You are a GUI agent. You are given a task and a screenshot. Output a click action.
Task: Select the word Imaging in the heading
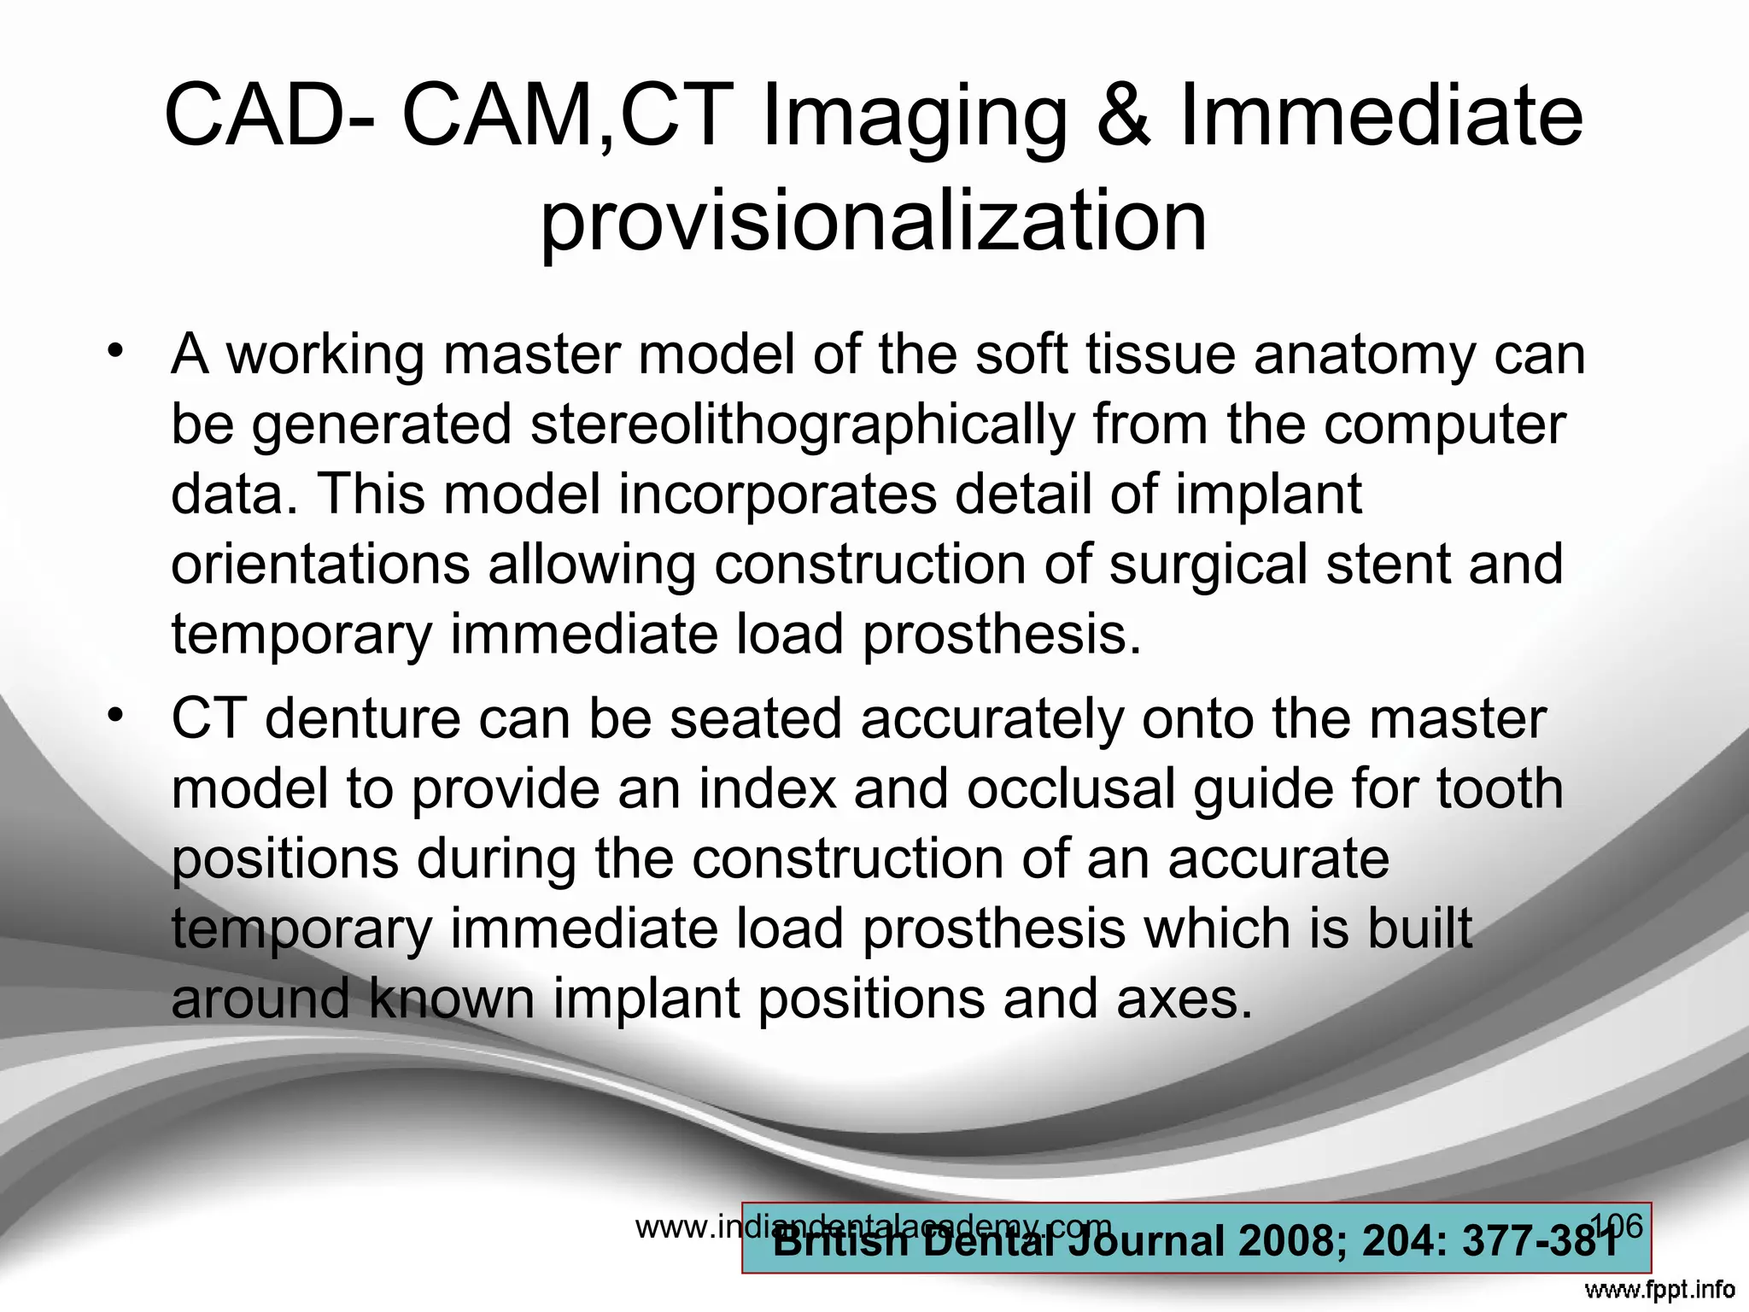pyautogui.click(x=914, y=118)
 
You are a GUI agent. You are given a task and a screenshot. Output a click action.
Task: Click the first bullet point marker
pyautogui.click(x=115, y=350)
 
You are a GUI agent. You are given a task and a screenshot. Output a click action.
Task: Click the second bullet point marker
pyautogui.click(x=115, y=714)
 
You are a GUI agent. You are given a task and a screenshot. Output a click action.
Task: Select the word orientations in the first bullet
pyautogui.click(x=320, y=565)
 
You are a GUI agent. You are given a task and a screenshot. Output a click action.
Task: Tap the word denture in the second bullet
pyautogui.click(x=362, y=718)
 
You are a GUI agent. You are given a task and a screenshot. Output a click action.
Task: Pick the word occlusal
pyautogui.click(x=1070, y=788)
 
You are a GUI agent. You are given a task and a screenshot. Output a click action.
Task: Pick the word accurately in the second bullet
pyautogui.click(x=991, y=718)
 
